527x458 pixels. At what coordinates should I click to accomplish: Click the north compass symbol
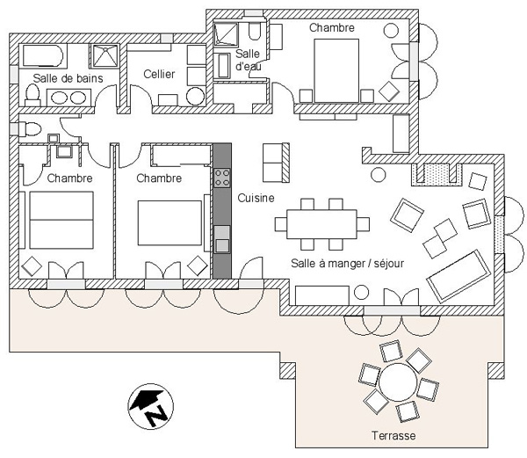click(x=151, y=406)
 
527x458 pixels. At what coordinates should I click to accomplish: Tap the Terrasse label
click(x=393, y=436)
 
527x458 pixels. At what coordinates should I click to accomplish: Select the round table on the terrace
click(x=398, y=382)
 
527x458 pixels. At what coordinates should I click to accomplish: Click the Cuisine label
click(x=256, y=198)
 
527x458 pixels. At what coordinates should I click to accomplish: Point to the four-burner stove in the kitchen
click(x=222, y=178)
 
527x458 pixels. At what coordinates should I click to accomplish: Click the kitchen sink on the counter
click(x=222, y=239)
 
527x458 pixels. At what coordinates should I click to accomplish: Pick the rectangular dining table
click(x=322, y=224)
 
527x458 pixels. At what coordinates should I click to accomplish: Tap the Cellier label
click(x=159, y=74)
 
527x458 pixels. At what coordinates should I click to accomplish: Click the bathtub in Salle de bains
click(x=43, y=55)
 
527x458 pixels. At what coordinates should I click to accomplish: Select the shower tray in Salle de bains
click(x=105, y=55)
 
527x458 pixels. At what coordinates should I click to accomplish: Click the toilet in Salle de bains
click(x=32, y=96)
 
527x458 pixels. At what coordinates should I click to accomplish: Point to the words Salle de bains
click(x=68, y=78)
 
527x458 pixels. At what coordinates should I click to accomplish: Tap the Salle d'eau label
click(x=248, y=60)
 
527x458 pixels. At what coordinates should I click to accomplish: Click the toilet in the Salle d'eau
click(x=255, y=30)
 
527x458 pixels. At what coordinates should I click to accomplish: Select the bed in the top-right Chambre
click(x=336, y=70)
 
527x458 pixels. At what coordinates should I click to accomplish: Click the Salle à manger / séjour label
click(x=348, y=264)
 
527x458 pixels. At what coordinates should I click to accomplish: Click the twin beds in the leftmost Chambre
click(x=61, y=221)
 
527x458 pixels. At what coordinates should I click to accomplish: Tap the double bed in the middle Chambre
click(x=170, y=223)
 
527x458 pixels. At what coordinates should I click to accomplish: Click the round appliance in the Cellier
click(x=196, y=97)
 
